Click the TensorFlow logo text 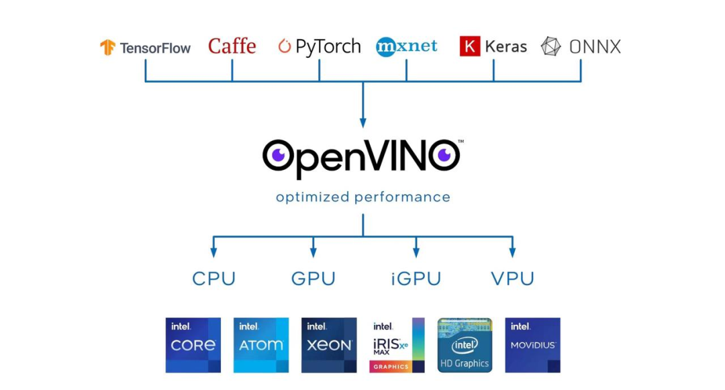[155, 48]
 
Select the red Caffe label [232, 46]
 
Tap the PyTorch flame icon [285, 46]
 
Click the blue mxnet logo [406, 46]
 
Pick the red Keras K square [470, 46]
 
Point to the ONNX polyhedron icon [551, 46]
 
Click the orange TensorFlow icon [108, 47]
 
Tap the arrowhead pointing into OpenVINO [363, 122]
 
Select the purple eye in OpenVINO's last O [443, 156]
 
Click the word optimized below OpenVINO [312, 197]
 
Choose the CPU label [213, 279]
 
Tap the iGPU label [416, 279]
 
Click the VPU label [512, 279]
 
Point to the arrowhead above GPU [313, 252]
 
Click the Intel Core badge [193, 345]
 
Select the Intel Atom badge [261, 345]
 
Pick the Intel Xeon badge [329, 345]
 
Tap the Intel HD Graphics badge [465, 345]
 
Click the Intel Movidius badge [532, 345]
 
